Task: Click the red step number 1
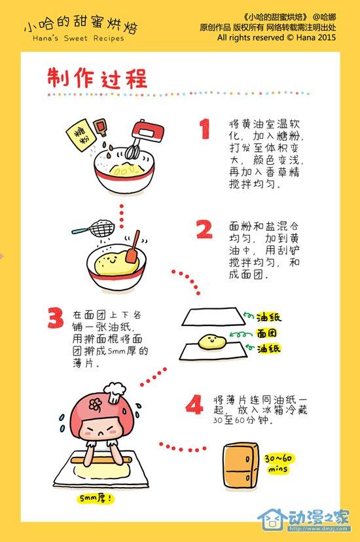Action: coord(206,128)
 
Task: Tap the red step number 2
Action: coord(204,230)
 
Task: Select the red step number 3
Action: coord(56,318)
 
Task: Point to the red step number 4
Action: coord(194,404)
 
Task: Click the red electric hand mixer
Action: coord(146,137)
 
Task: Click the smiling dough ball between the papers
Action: coord(212,341)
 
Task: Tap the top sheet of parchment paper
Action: coord(214,316)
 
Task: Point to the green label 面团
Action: coord(267,333)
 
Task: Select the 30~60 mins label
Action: coord(278,463)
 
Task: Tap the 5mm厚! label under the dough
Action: coord(96,498)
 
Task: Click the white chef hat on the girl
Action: coord(115,392)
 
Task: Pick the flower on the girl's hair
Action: coord(95,403)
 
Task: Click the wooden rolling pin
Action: coord(101,460)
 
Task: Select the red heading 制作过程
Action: coord(98,78)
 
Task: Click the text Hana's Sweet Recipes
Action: coord(78,39)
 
